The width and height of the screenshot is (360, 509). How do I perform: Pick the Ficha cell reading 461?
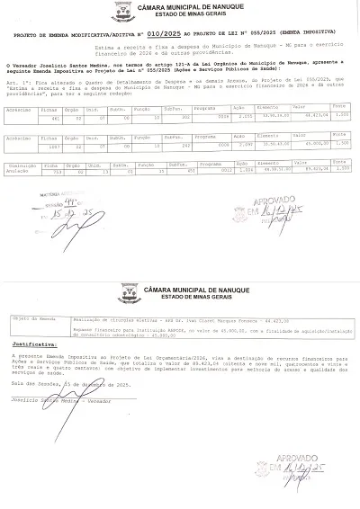54,117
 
